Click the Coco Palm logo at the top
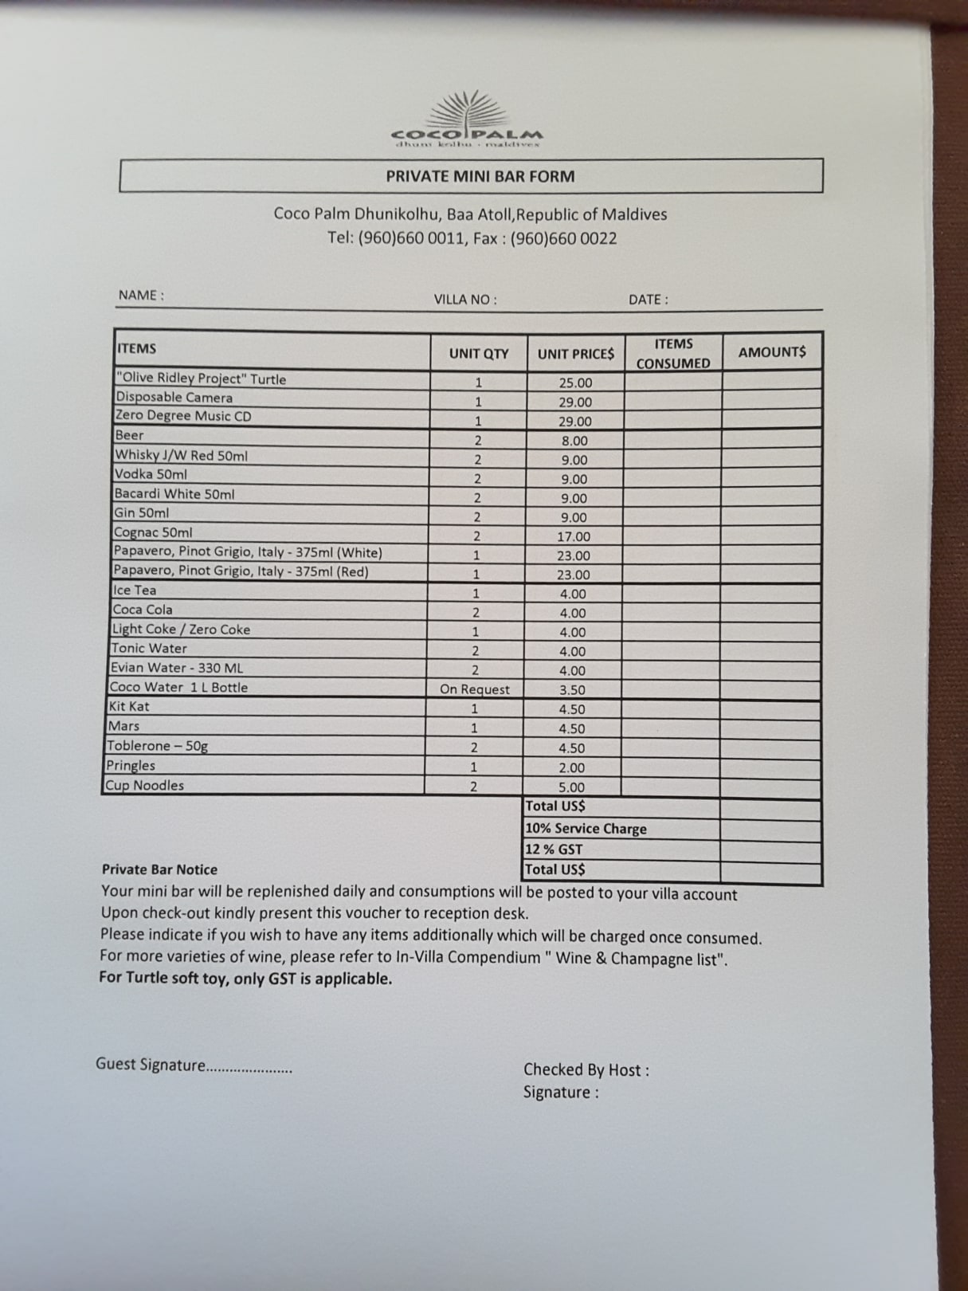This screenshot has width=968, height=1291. [x=468, y=122]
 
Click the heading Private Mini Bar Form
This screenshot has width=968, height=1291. [x=480, y=176]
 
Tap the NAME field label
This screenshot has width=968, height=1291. [x=141, y=295]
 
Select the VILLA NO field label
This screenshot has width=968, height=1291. [x=465, y=300]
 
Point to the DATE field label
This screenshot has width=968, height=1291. [x=648, y=300]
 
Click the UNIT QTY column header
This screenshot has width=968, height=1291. [x=478, y=353]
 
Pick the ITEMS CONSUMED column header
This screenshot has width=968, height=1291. [x=672, y=353]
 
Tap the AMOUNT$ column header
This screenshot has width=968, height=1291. [x=771, y=352]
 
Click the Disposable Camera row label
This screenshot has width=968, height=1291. [x=174, y=397]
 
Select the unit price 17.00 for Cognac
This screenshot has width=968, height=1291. [x=574, y=536]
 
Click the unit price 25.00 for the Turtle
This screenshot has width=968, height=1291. [x=575, y=383]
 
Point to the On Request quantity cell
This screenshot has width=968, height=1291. [x=475, y=689]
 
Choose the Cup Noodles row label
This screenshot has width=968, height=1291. [x=145, y=785]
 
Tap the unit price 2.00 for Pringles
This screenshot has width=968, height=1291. [x=571, y=767]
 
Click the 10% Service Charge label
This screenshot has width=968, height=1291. [x=586, y=829]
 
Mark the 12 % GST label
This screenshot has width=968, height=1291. [x=554, y=850]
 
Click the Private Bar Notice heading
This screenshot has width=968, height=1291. [x=159, y=869]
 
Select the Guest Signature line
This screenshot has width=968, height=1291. [x=194, y=1065]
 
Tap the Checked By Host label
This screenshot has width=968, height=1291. [x=586, y=1070]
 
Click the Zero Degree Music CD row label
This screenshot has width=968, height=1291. [x=183, y=416]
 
